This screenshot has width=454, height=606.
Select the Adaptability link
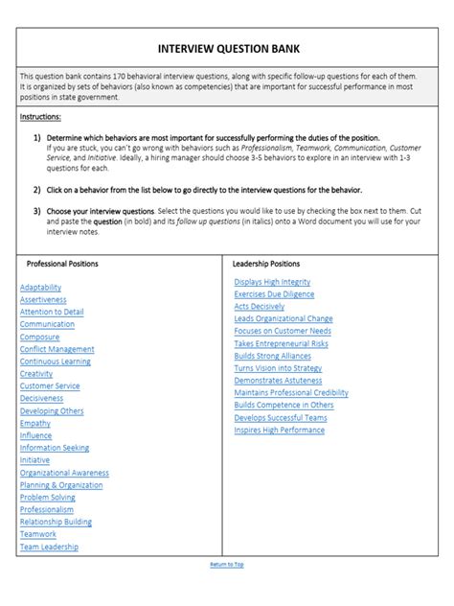[41, 287]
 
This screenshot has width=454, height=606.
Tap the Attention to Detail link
[52, 312]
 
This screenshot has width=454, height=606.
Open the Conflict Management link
[57, 349]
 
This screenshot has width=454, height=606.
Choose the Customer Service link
[50, 385]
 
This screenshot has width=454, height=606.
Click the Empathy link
[35, 423]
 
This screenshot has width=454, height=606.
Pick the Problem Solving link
[47, 497]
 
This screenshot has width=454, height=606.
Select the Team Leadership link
[49, 547]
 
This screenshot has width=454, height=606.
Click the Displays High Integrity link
[273, 281]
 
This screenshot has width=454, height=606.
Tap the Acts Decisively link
[259, 306]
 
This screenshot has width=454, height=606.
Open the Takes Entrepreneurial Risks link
[281, 342]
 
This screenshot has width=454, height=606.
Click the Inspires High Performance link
[279, 430]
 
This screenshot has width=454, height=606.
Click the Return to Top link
[227, 565]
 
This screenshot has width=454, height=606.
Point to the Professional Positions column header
[62, 263]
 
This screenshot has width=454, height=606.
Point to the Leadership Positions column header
[266, 263]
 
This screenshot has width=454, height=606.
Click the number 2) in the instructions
[37, 190]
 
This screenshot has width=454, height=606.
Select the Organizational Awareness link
[64, 472]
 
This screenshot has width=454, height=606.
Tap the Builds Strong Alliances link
[272, 355]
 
